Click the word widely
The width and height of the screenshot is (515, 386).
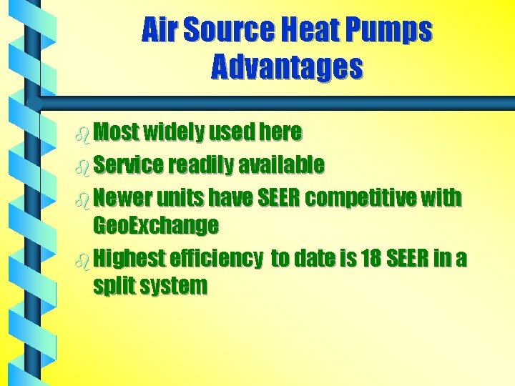174,133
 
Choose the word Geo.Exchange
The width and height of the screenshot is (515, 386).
155,227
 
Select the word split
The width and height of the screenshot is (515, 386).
115,287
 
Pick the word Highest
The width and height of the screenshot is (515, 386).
128,258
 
